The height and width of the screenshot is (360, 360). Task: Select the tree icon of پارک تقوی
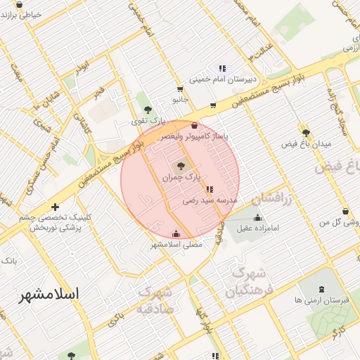(148, 110)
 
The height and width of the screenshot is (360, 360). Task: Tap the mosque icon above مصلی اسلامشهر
(176, 234)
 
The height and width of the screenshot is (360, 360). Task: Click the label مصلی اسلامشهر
(176, 245)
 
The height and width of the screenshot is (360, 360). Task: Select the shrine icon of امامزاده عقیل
(258, 217)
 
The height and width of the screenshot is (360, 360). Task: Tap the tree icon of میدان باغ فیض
(305, 132)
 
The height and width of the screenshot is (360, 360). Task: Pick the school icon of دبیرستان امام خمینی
(222, 69)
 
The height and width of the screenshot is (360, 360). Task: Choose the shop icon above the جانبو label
(181, 89)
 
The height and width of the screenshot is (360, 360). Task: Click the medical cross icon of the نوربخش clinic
(56, 207)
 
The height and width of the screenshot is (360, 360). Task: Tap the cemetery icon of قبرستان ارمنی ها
(322, 288)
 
